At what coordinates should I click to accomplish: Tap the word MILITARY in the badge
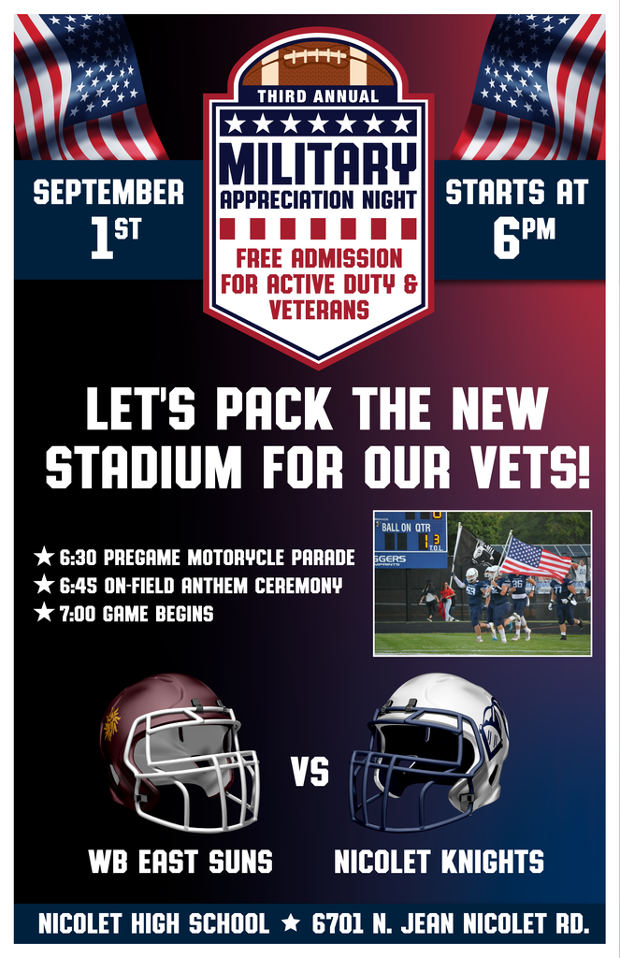tap(318, 164)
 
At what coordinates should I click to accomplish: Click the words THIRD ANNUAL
tap(318, 96)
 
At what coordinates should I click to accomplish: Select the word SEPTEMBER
tap(108, 192)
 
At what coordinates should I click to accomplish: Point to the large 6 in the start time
tap(505, 239)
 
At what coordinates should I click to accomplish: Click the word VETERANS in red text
tap(319, 310)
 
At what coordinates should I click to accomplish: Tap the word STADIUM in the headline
tap(144, 469)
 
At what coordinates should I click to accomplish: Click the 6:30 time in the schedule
tap(78, 558)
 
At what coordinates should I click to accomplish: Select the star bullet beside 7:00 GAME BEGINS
tap(44, 612)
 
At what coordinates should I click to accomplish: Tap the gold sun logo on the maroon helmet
tap(112, 723)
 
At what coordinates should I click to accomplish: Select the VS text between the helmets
tap(310, 772)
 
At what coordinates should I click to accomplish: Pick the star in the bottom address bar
tap(291, 922)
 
